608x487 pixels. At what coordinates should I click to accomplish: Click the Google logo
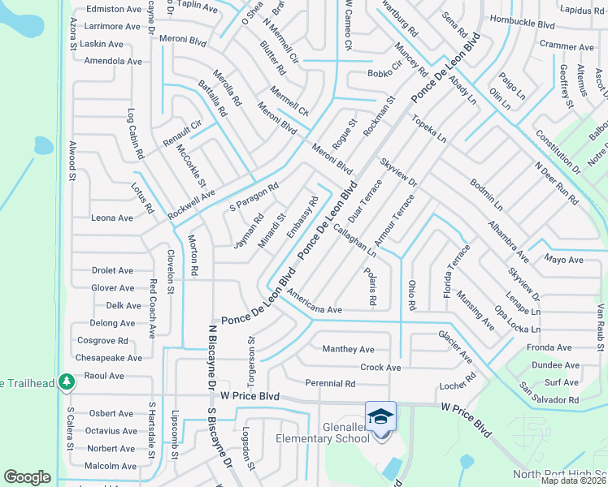pyautogui.click(x=28, y=477)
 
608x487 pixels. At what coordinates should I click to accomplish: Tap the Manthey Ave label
pyautogui.click(x=348, y=349)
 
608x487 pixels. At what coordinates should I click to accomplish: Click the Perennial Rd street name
pyautogui.click(x=330, y=383)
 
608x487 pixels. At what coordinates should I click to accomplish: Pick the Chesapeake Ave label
pyautogui.click(x=108, y=358)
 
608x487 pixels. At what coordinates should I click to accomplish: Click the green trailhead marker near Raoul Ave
pyautogui.click(x=64, y=383)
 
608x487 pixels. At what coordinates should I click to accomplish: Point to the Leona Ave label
pyautogui.click(x=112, y=218)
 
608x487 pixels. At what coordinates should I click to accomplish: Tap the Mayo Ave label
pyautogui.click(x=564, y=260)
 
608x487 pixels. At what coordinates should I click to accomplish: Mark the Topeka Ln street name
pyautogui.click(x=429, y=129)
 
